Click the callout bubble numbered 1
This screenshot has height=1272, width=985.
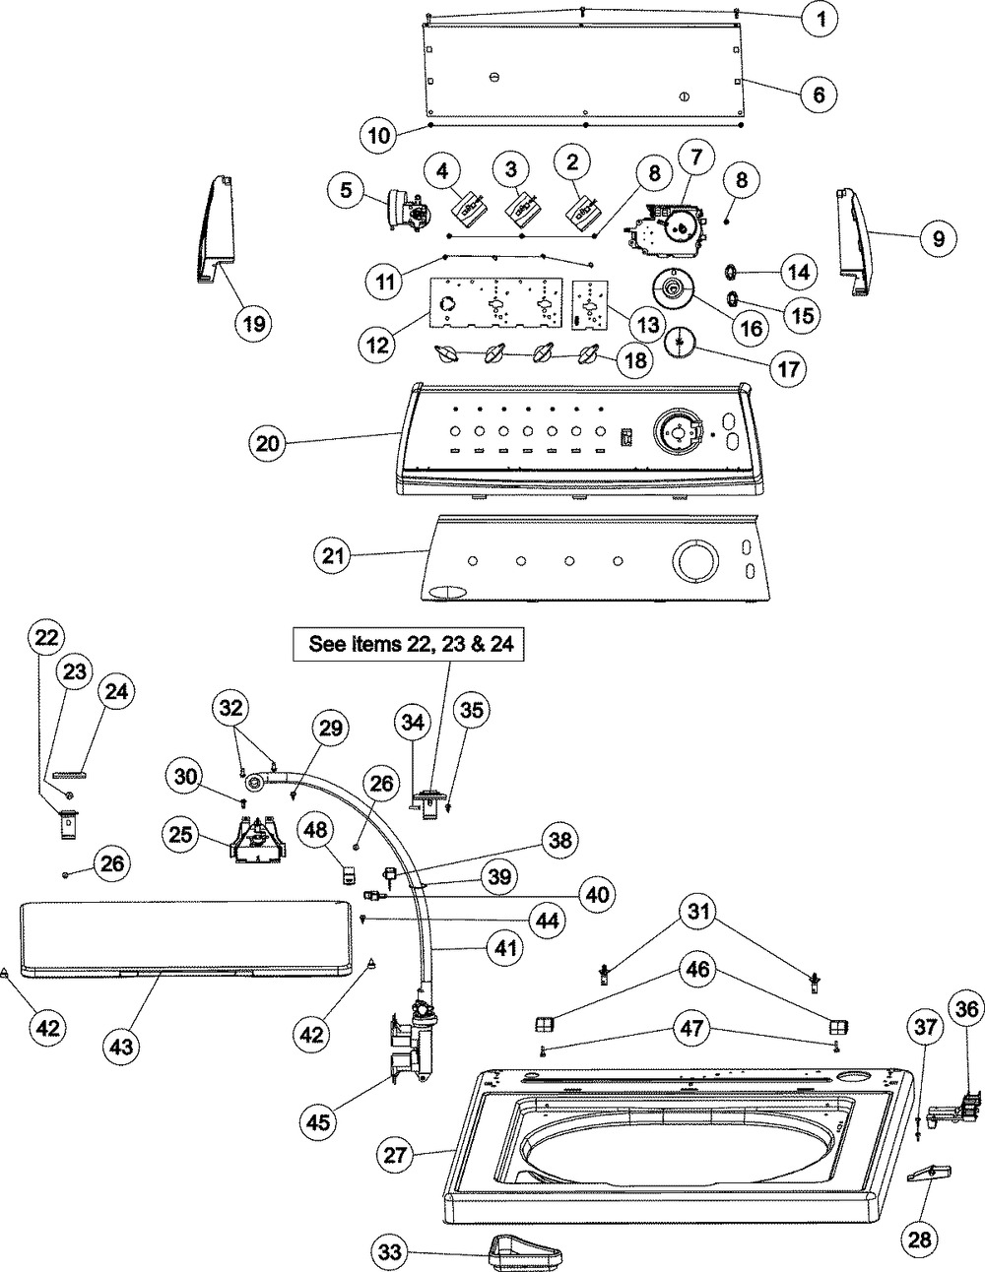tap(821, 19)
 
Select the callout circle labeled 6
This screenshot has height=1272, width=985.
tap(819, 94)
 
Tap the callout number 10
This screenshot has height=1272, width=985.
tap(379, 135)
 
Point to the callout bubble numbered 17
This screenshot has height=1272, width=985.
tap(788, 368)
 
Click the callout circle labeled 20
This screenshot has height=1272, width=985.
tap(268, 443)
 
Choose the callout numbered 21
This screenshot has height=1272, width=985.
tap(333, 555)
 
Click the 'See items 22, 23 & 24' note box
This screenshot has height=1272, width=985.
tap(408, 645)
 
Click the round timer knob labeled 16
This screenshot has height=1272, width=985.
tap(673, 286)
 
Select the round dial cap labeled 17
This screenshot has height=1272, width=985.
tap(680, 342)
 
